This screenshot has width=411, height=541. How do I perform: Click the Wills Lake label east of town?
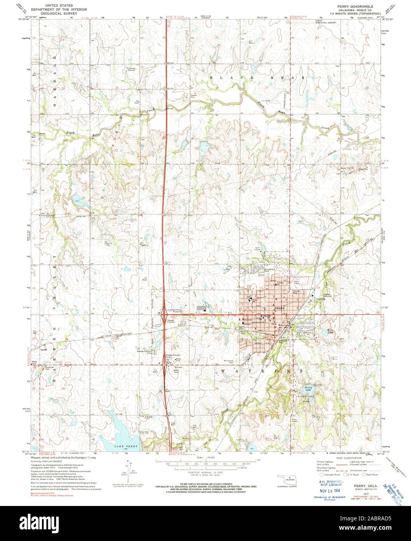click(320, 332)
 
